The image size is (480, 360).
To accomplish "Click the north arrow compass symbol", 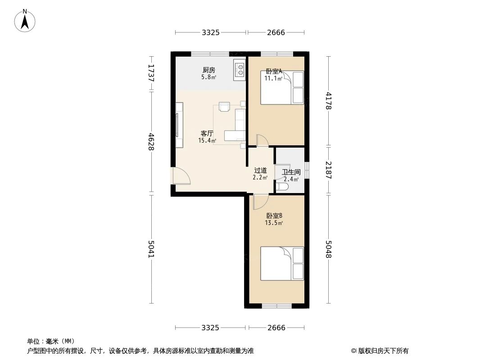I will click(x=25, y=20).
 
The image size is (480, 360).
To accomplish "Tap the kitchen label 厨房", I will click(x=208, y=70).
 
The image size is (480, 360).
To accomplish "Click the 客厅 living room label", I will click(x=207, y=134).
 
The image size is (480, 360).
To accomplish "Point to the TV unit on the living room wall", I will click(x=179, y=125).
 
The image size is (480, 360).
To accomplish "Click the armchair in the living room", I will click(x=224, y=107).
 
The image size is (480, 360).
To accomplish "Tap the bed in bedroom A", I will click(x=282, y=87).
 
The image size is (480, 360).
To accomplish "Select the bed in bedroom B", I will click(x=282, y=264).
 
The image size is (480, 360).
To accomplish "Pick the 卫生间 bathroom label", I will click(x=291, y=172).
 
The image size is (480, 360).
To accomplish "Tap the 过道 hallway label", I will click(x=260, y=171).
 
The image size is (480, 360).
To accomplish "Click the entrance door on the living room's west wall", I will click(x=181, y=176).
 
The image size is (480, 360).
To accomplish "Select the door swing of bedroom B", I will click(x=260, y=202).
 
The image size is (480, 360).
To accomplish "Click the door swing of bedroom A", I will click(x=262, y=140).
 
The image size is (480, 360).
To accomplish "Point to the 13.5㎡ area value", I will click(x=274, y=223).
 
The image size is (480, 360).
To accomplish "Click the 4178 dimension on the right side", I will click(x=329, y=101).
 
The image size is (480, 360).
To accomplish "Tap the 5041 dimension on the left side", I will click(x=151, y=249).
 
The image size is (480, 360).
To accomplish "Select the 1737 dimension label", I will click(x=151, y=73).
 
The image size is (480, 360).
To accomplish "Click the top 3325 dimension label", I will click(x=210, y=32).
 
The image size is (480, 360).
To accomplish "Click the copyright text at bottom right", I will click(x=380, y=351).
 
